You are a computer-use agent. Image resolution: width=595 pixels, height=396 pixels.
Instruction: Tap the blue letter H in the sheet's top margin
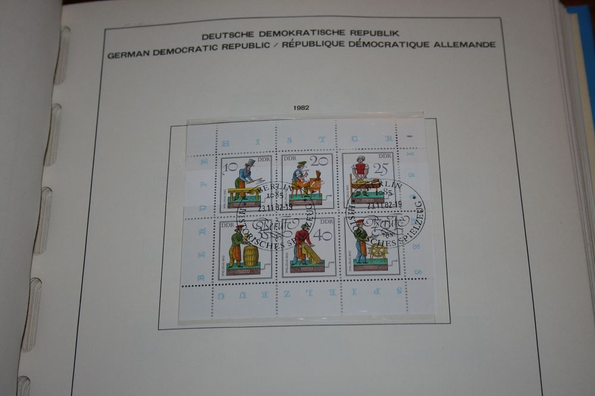(x=224, y=143)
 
